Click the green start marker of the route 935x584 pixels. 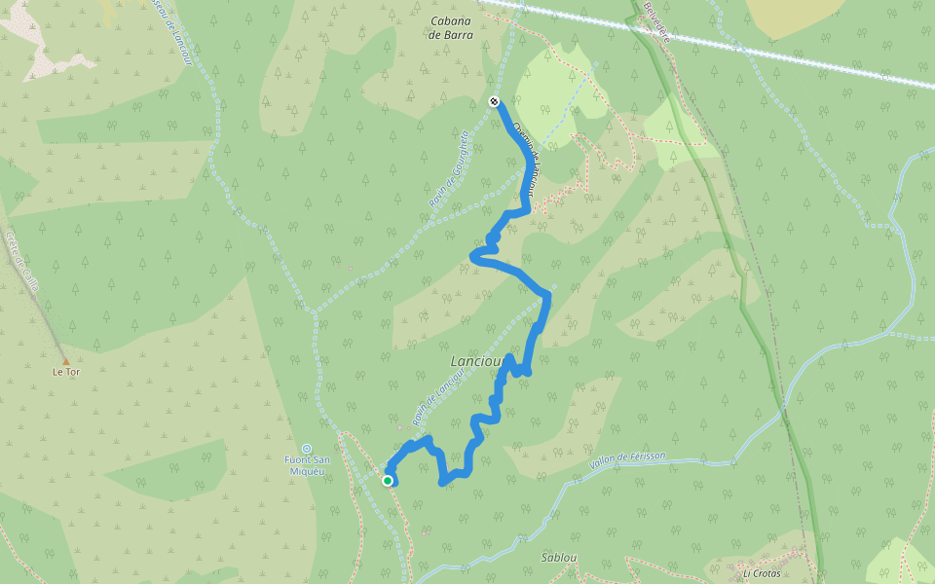pyautogui.click(x=388, y=480)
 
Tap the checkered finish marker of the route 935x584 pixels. pyautogui.click(x=494, y=101)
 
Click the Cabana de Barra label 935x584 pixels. pyautogui.click(x=451, y=27)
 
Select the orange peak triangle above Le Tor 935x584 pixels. pyautogui.click(x=66, y=362)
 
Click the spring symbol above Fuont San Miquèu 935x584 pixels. pyautogui.click(x=306, y=449)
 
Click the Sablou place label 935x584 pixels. pyautogui.click(x=559, y=558)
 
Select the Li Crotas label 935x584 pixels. pyautogui.click(x=763, y=573)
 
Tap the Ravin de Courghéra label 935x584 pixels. pyautogui.click(x=449, y=170)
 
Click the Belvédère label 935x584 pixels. pyautogui.click(x=656, y=21)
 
